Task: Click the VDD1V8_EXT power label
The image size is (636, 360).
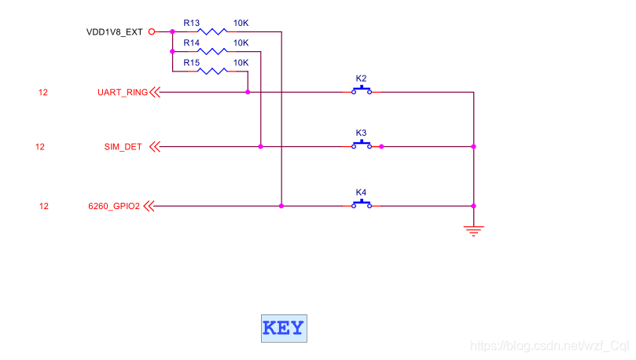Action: pos(116,32)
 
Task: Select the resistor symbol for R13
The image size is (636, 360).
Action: pos(211,32)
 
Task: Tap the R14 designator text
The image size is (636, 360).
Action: pos(192,42)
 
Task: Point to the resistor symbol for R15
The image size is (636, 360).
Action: pos(211,72)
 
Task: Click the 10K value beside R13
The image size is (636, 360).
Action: pos(241,23)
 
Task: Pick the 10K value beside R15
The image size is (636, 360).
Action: pos(241,62)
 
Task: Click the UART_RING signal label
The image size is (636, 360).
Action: pos(122,93)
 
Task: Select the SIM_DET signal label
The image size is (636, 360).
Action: pos(123,147)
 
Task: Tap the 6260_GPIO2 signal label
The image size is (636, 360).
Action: pos(115,207)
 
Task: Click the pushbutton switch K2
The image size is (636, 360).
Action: pos(362,90)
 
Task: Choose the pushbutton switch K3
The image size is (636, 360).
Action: pos(362,145)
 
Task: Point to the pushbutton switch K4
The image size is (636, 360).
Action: pos(362,204)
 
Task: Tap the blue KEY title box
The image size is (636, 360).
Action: pos(284,329)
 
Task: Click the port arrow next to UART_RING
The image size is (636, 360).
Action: pos(154,93)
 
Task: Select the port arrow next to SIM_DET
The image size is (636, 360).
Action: pos(154,147)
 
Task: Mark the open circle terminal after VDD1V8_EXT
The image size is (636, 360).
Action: pos(152,32)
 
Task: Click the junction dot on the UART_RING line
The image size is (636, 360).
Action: pos(248,92)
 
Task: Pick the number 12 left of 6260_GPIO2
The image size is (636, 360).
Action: pos(44,207)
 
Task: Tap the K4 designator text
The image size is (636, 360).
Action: pos(361,192)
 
